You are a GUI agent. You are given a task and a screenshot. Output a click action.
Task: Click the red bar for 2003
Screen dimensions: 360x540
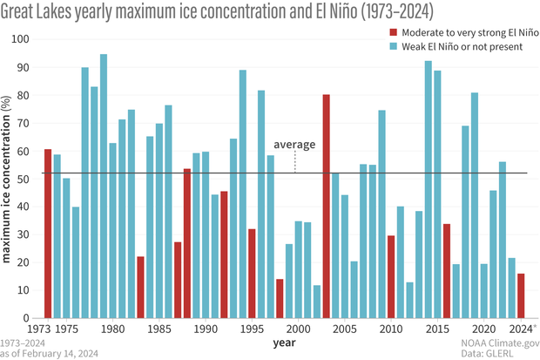(x=326, y=207)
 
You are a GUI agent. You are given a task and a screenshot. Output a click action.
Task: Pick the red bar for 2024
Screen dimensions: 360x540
(x=521, y=295)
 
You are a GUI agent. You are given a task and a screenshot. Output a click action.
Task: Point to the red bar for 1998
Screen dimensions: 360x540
(x=280, y=298)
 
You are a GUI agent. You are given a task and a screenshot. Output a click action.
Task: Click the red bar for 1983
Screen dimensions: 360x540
(x=141, y=287)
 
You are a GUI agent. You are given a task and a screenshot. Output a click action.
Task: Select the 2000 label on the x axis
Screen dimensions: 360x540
(x=298, y=329)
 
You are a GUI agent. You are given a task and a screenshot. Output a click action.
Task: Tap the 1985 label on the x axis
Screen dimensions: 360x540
(x=159, y=329)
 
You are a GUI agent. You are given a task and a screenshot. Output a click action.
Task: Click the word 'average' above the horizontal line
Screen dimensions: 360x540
(x=294, y=144)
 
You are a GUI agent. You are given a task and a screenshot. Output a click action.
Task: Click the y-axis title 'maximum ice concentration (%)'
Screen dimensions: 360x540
(x=8, y=179)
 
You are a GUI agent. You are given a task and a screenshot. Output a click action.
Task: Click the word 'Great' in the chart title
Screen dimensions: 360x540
(x=22, y=12)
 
